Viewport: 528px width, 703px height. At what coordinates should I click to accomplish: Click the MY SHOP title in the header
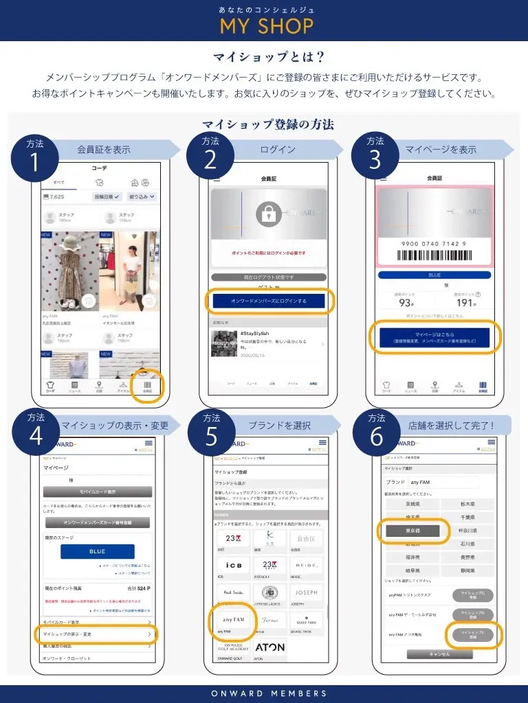coord(266,26)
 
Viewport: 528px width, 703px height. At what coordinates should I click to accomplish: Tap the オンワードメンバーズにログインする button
coord(269,301)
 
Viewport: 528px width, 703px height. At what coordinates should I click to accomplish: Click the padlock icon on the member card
coord(269,215)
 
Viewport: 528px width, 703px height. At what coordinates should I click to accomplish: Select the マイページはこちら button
coord(434,337)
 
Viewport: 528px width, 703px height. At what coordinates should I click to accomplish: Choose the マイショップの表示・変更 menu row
coord(96,634)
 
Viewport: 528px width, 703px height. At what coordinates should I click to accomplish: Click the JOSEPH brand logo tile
coord(306,592)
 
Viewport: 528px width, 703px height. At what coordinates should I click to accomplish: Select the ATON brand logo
coord(269,647)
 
